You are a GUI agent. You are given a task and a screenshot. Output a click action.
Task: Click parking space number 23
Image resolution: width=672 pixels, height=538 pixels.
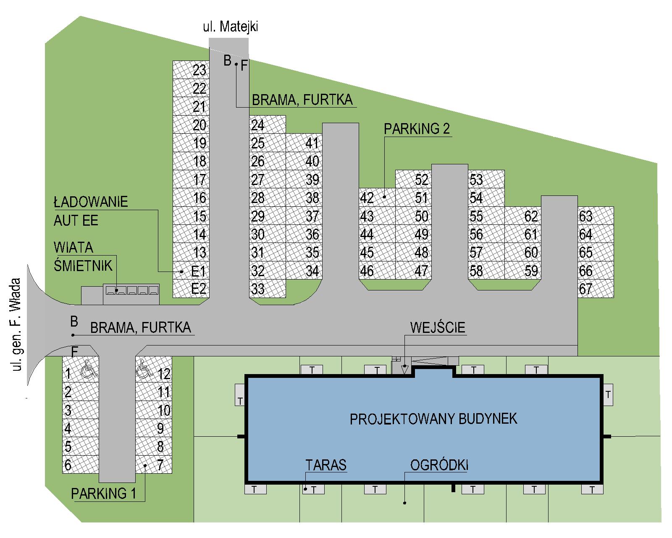(x=191, y=70)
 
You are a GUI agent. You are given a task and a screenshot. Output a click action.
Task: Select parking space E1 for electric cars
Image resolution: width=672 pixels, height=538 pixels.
(x=191, y=271)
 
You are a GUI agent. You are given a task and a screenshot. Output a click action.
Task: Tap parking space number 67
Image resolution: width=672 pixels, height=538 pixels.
(x=596, y=289)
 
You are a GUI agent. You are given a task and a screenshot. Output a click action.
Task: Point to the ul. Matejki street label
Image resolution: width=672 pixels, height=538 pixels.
(x=234, y=27)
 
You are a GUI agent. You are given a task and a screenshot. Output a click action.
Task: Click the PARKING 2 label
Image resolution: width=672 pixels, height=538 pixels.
(x=417, y=129)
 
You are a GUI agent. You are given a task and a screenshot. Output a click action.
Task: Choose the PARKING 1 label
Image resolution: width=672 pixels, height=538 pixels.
(x=104, y=493)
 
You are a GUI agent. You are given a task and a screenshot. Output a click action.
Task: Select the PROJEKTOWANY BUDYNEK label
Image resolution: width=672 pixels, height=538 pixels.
(x=433, y=419)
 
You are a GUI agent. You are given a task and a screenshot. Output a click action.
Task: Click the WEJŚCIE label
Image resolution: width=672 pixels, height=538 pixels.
(x=438, y=327)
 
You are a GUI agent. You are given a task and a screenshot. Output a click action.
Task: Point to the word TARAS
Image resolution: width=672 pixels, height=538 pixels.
(x=326, y=465)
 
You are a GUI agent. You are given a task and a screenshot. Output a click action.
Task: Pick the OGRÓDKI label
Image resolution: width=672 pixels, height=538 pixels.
(x=439, y=465)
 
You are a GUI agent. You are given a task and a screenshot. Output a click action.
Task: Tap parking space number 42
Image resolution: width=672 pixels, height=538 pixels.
(x=377, y=198)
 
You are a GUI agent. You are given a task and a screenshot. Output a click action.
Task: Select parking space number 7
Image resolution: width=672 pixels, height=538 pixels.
(x=154, y=465)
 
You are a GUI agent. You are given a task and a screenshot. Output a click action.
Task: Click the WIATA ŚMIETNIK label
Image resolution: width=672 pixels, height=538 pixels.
(x=83, y=256)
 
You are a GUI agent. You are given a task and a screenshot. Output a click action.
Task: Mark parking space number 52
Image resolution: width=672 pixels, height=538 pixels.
(x=414, y=179)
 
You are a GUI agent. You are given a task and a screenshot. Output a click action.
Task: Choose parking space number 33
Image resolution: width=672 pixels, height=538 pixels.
(x=267, y=289)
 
